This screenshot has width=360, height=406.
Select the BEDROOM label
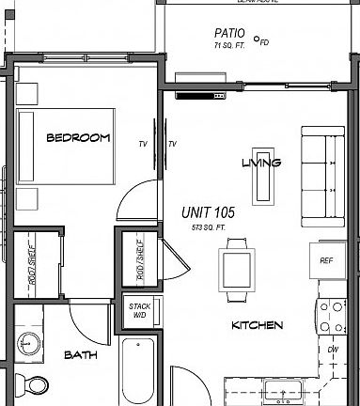coord(78,138)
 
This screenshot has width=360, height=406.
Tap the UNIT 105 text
coord(208,213)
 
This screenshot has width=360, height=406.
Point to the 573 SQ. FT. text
coord(208,227)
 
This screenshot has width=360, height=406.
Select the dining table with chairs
coord(236,267)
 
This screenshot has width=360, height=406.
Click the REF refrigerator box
coord(326,260)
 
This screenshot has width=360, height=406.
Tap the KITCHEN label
coord(257,326)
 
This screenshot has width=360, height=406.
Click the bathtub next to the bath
coord(139,371)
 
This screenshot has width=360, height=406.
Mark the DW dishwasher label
coord(332,350)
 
